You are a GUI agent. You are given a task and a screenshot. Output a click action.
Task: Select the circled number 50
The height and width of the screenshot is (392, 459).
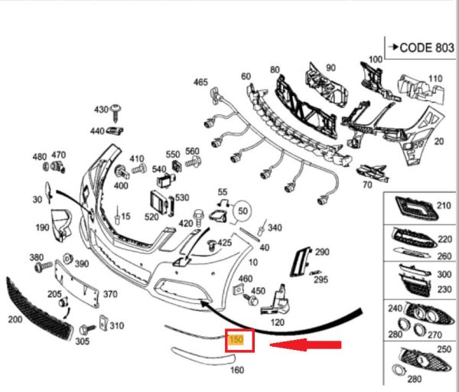click(243, 209)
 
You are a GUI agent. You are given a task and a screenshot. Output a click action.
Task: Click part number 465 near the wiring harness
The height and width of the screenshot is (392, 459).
click(200, 82)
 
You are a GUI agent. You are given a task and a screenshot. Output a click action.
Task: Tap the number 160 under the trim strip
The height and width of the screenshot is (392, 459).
click(237, 371)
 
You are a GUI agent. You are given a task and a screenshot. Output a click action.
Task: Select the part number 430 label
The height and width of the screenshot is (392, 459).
click(101, 109)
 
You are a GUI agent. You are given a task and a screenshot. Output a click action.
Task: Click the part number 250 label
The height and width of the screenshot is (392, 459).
click(442, 349)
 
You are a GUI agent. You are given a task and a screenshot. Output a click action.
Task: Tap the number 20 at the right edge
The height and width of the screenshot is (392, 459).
click(439, 142)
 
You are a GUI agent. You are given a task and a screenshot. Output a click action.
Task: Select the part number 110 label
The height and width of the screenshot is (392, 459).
click(435, 79)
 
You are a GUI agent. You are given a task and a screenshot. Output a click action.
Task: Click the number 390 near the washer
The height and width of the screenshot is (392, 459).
click(81, 264)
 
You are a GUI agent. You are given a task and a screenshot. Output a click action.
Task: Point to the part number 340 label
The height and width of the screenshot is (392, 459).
click(275, 227)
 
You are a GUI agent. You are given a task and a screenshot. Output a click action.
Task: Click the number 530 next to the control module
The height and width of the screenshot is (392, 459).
click(181, 198)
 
